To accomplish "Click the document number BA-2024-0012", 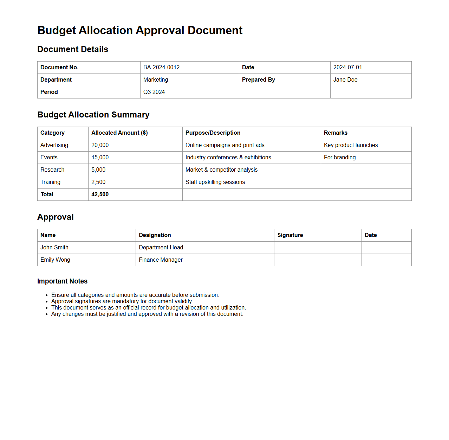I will point(161,68).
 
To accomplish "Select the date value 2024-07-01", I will point(347,68).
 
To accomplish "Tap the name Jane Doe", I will point(345,80).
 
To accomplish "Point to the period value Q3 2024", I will point(154,92).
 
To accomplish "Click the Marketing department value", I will point(156,80).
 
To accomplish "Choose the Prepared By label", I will point(258,80).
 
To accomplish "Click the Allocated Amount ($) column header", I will point(119,133).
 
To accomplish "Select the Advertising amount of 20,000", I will point(100,145).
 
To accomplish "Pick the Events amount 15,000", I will point(100,158).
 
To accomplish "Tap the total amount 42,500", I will point(100,195).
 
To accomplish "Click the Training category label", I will point(50,182).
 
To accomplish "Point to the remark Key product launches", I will point(351,145).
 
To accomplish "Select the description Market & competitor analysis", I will point(221,170).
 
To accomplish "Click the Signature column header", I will point(290,235).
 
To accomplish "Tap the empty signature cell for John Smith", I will point(318,248).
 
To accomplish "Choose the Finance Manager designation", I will point(161,260).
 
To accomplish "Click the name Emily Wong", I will point(55,260).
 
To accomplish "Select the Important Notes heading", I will point(62,281).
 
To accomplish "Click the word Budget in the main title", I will point(57,31).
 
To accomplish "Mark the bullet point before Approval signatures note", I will point(46,302).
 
